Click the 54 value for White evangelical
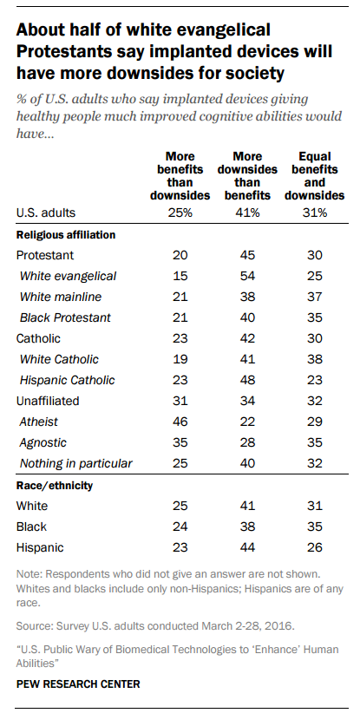[248, 276]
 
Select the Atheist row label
[39, 422]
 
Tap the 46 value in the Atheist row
[180, 422]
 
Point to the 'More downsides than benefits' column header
[248, 176]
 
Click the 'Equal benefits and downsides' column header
[315, 176]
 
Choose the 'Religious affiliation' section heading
[66, 235]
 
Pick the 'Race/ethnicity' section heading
[55, 485]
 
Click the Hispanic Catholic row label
[68, 380]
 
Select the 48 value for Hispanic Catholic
[248, 380]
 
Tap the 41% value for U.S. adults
[248, 213]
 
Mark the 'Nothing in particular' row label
[76, 463]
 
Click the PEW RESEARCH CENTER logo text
[78, 684]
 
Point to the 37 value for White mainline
[315, 297]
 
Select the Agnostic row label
[43, 442]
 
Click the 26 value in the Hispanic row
[315, 547]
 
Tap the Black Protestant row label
[65, 317]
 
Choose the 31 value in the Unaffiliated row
[180, 401]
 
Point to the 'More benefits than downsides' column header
[180, 176]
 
